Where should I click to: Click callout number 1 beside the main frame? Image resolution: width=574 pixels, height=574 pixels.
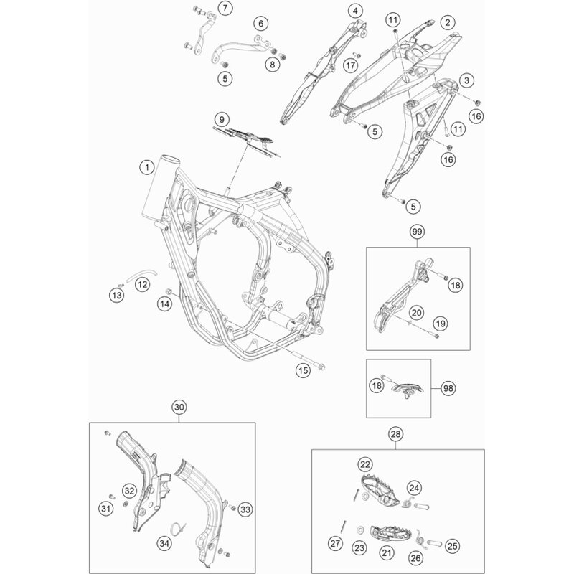coord(147,168)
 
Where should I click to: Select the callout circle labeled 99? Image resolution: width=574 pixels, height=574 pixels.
coord(417,232)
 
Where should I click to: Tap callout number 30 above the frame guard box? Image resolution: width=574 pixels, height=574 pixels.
coord(179,407)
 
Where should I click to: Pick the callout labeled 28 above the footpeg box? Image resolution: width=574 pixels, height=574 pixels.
coord(395,434)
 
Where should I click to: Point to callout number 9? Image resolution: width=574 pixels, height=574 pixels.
coord(222,119)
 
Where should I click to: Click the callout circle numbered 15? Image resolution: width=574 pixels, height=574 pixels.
coord(303,370)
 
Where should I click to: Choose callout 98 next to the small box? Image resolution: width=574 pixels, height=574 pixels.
coord(448,388)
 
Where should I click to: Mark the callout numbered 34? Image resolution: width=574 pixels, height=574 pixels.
coord(164,543)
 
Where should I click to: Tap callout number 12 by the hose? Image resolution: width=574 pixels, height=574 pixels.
coord(142,284)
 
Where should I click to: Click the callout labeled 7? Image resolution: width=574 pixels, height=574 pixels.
coord(225,8)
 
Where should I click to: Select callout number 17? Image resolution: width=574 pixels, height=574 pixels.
coord(350,65)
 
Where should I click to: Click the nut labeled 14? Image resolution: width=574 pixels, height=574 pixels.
coord(169,291)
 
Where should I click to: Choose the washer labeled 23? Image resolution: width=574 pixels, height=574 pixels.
coord(361,530)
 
